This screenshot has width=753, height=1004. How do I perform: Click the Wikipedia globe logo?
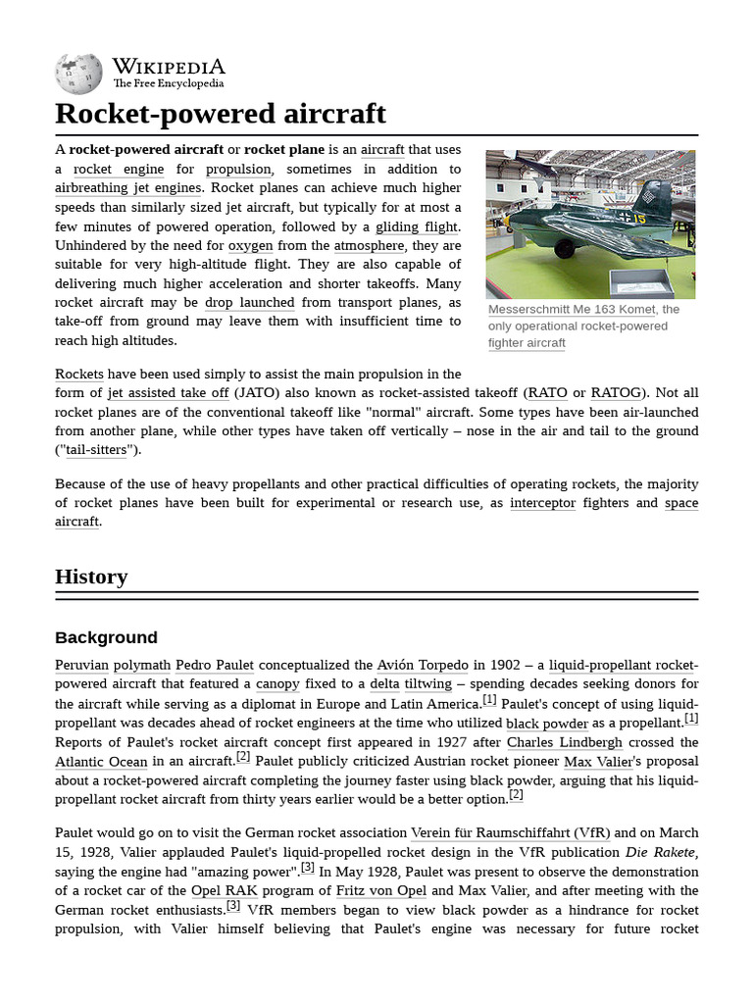pos(79,73)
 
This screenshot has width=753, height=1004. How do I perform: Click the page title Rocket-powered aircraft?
pos(221,114)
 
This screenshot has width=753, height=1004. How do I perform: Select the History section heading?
pos(91,577)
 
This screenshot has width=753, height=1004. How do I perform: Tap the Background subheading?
pos(106,637)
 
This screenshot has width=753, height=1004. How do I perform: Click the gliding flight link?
pos(417,226)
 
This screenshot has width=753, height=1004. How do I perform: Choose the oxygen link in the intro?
pos(250,245)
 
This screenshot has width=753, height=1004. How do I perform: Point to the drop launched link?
pos(249,302)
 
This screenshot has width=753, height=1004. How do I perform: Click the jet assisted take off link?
pos(168,392)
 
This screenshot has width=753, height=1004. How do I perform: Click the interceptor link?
pos(542,503)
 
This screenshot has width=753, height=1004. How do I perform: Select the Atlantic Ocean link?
pos(101,762)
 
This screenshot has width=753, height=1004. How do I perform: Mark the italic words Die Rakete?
pos(662,852)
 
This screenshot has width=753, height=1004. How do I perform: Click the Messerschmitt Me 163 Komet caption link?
pos(573,309)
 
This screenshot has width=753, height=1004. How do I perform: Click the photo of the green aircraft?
pos(590,224)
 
